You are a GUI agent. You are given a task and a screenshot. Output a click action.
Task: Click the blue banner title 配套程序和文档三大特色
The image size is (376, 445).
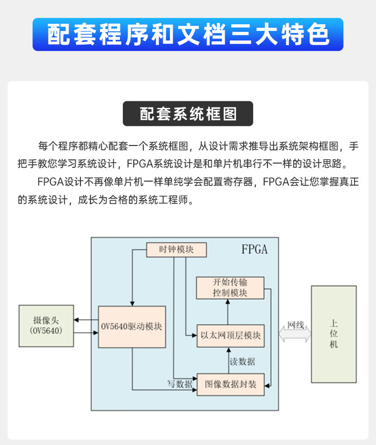188,34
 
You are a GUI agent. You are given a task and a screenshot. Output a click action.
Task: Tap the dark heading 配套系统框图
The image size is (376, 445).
188,114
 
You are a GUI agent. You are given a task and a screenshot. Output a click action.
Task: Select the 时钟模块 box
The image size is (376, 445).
176,250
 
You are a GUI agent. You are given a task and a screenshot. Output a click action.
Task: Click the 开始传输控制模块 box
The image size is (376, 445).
230,288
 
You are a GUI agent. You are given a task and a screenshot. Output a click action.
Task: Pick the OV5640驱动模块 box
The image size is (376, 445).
132,327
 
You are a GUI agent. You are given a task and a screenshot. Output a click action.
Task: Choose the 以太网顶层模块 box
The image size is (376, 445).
230,336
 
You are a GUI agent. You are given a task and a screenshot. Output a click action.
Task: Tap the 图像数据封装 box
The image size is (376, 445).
230,385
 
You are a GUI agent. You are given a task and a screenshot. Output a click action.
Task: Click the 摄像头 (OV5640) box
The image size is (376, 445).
46,326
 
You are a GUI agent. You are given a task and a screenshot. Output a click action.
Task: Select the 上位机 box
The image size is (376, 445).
334,334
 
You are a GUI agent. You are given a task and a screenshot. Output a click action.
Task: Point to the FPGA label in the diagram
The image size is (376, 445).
254,250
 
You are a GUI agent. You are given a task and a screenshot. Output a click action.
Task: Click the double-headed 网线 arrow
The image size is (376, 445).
295,334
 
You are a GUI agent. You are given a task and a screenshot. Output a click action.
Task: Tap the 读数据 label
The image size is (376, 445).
242,361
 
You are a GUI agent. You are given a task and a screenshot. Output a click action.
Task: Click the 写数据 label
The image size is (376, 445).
179,384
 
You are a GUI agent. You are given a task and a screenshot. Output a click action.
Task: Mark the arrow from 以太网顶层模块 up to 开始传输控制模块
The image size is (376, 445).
228,312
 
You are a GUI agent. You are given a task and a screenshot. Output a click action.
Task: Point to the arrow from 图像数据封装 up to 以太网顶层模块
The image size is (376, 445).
228,360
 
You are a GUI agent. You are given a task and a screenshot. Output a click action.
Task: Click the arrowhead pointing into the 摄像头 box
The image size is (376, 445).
76,320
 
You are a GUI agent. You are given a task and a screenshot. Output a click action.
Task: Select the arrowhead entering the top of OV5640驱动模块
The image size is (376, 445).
132,304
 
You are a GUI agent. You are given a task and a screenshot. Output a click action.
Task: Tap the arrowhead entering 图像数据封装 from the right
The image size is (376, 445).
267,386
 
